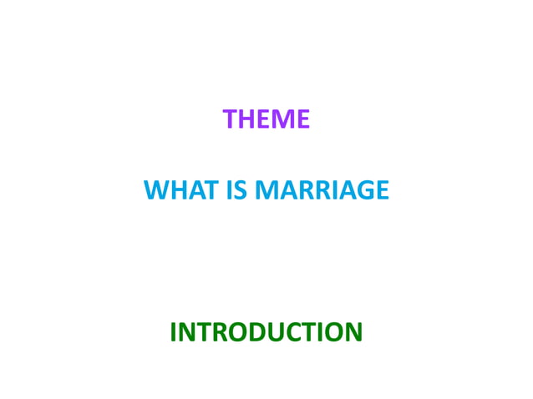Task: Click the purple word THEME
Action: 266,120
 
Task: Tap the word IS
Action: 238,191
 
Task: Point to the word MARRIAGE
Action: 321,191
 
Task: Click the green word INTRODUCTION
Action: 266,332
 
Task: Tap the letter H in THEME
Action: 248,120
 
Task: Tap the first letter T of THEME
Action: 231,120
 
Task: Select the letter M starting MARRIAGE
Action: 267,191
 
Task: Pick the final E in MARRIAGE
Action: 381,191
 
